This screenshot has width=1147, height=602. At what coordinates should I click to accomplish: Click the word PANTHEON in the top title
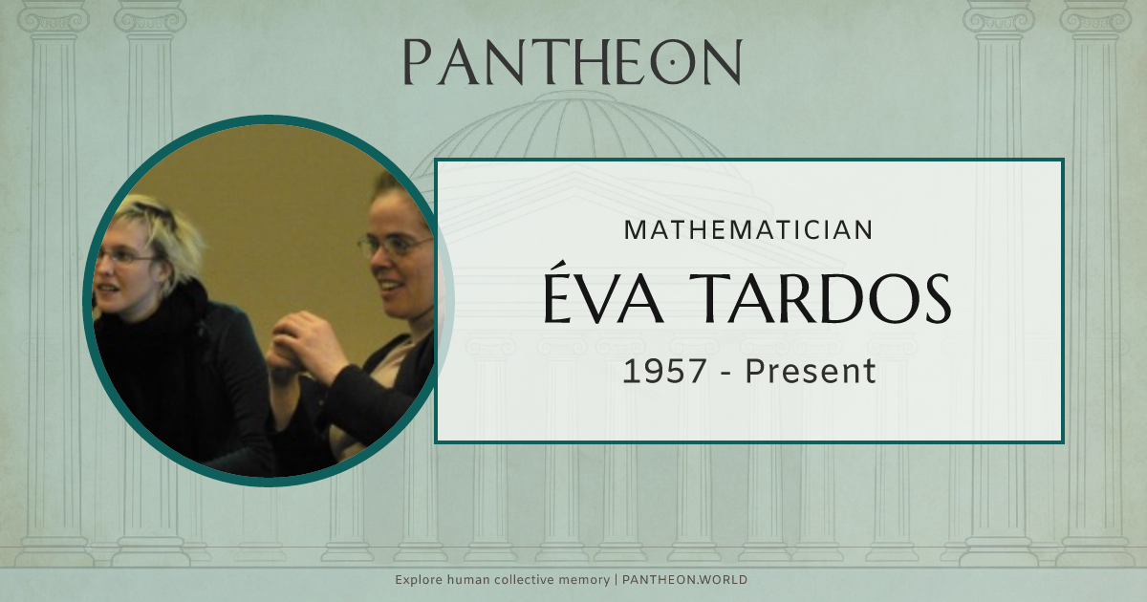tap(572, 62)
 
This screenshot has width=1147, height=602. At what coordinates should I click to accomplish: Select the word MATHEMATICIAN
tap(748, 229)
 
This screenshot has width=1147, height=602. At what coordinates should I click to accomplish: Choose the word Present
tap(811, 371)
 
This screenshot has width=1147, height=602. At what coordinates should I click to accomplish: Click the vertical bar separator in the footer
tap(617, 580)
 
